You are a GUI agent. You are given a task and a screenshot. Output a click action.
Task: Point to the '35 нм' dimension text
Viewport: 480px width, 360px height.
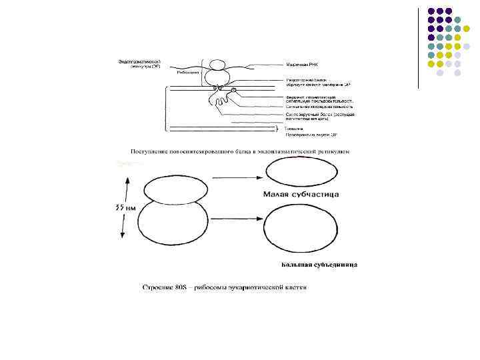123,207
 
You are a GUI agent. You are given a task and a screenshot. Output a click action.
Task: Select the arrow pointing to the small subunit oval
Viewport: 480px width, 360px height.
231,177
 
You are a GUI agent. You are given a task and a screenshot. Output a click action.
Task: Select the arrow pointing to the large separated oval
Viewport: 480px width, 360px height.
233,217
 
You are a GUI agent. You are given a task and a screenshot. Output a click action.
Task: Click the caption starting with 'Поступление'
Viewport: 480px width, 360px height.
241,151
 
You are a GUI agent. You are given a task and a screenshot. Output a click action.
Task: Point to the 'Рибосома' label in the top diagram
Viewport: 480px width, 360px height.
187,73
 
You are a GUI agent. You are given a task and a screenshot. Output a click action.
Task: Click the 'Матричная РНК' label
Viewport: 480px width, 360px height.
301,65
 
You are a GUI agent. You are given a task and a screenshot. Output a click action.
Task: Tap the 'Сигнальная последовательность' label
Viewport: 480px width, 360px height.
319,106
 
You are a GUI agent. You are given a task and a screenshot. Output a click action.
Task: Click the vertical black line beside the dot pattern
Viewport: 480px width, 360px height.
418,47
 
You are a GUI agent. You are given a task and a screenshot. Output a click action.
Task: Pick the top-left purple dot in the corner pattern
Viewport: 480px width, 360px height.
431,11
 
